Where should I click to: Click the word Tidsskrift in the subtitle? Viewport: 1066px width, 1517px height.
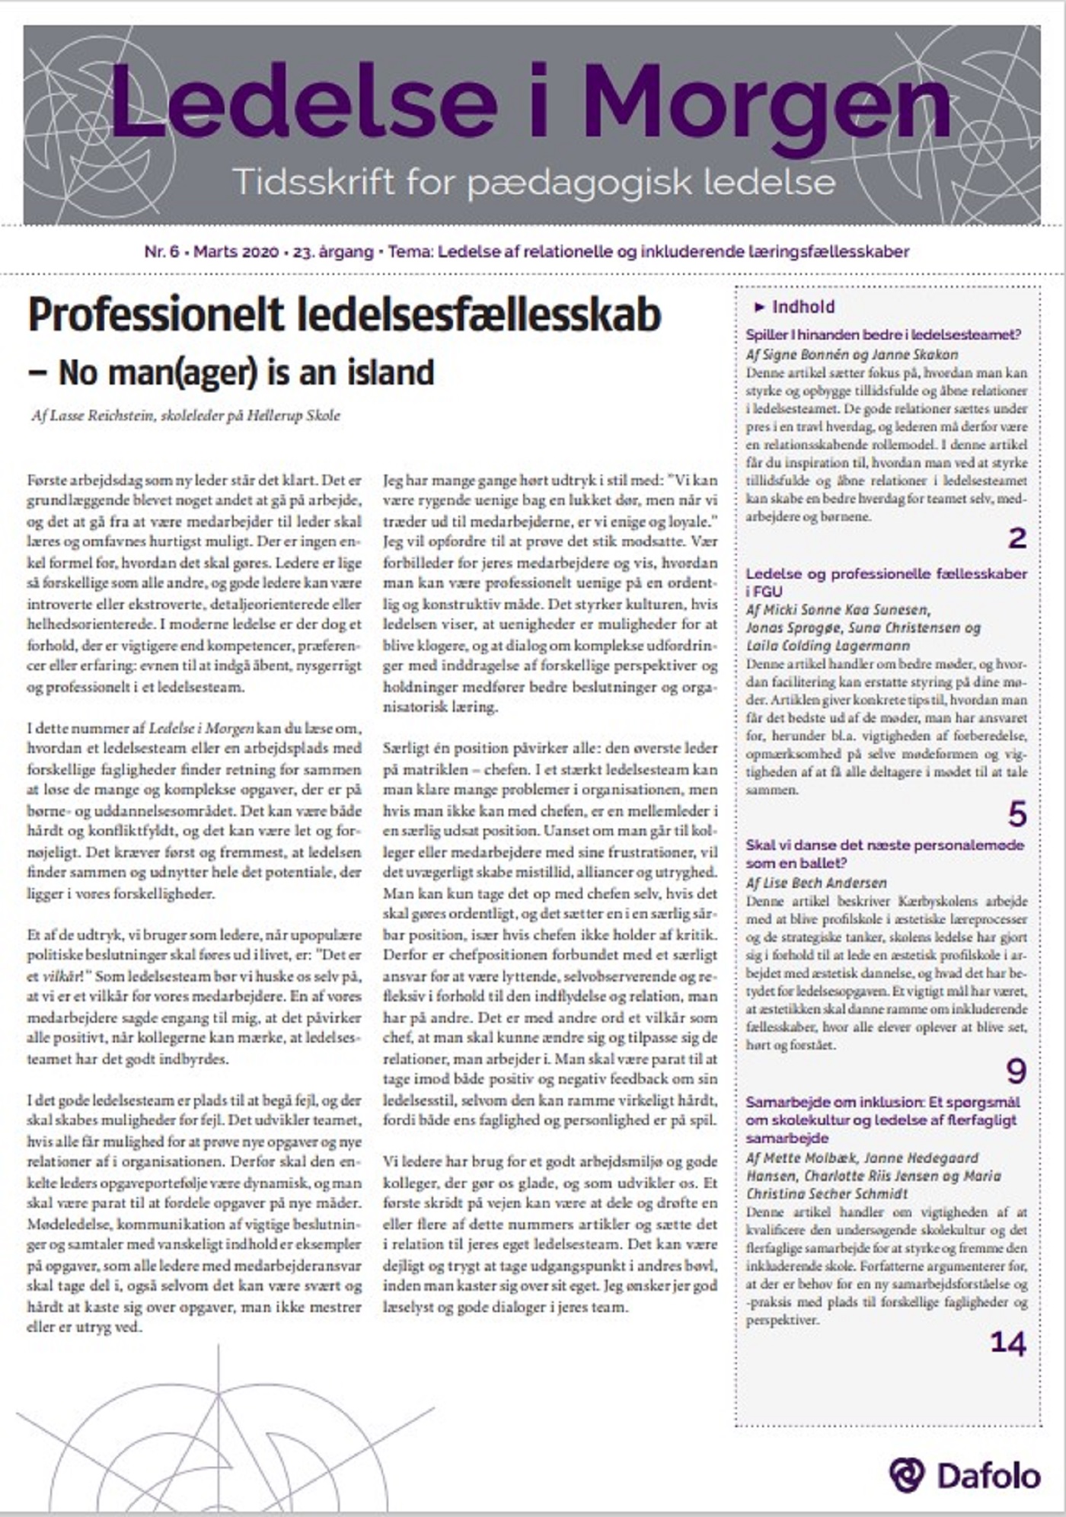point(313,182)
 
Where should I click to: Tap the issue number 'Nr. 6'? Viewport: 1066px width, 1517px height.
point(161,251)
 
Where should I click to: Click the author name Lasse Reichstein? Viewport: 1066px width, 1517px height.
point(102,416)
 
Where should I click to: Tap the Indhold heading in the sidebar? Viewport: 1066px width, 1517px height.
point(803,307)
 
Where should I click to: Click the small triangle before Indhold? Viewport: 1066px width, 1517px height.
point(758,307)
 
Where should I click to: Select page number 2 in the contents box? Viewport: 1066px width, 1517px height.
point(1017,538)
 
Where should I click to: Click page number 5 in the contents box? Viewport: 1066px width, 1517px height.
point(1017,814)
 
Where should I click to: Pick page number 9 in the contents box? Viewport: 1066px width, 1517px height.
point(1017,1071)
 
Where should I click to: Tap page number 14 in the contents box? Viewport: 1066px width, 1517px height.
point(1008,1343)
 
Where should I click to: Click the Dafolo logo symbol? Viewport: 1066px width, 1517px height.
point(906,1475)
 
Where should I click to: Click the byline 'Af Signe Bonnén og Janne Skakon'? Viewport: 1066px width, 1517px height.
point(851,354)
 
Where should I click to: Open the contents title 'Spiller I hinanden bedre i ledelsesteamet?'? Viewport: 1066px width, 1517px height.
point(883,334)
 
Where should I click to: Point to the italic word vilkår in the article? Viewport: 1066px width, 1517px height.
point(58,976)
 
